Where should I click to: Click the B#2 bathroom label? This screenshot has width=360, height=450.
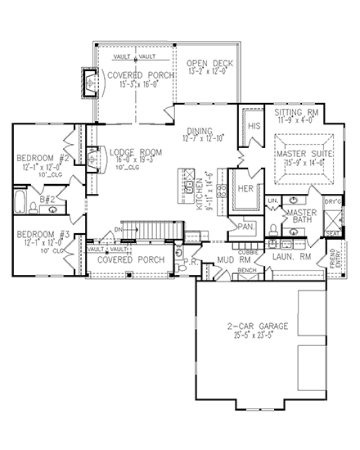pos(47,198)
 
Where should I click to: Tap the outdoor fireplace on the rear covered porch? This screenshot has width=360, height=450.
pos(88,82)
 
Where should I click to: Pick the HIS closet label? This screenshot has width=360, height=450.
pos(254,126)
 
